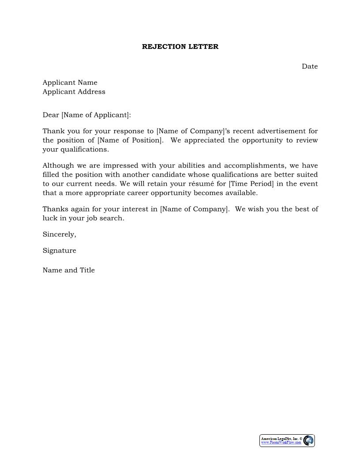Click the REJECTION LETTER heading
pos(180,46)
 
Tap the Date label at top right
pos(310,66)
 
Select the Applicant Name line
pos(70,83)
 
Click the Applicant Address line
pos(74,92)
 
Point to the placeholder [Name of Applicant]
pos(96,115)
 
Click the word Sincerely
pos(59,234)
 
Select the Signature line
pos(59,251)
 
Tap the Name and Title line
pos(68,270)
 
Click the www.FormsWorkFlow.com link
pos(281,443)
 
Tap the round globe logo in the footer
pos(308,440)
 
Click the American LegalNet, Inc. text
pos(280,439)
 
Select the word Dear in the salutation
pos(51,115)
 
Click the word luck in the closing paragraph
pos(49,218)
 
